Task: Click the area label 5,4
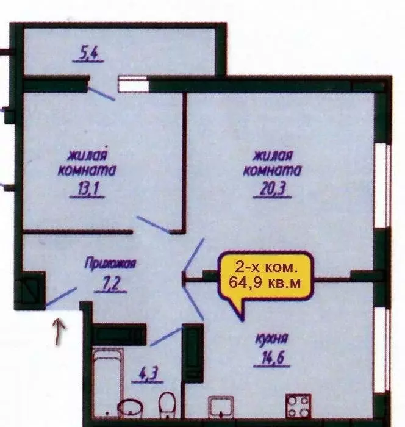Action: pos(88,56)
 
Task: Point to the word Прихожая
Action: pos(110,264)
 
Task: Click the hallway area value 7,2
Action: pos(110,284)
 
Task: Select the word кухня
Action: pos(271,339)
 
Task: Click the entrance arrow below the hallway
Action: pos(59,333)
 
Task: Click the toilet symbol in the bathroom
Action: pos(167,404)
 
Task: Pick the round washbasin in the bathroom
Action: pos(129,407)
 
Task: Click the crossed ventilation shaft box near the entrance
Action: pos(31,289)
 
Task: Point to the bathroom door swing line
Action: pos(166,336)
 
